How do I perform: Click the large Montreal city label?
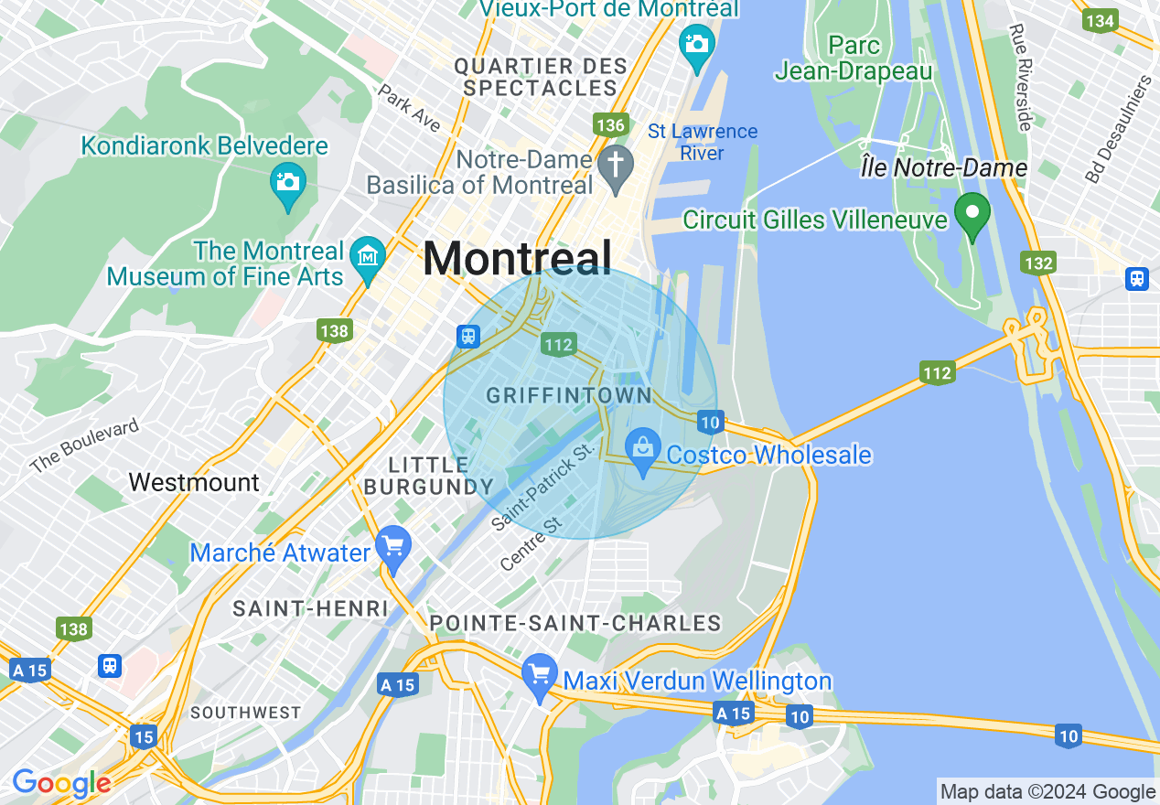pyautogui.click(x=517, y=259)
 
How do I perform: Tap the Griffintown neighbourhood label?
pyautogui.click(x=568, y=396)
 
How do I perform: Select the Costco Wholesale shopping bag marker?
pyautogui.click(x=643, y=450)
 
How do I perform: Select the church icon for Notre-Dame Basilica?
pyautogui.click(x=616, y=167)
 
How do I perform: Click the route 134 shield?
pyautogui.click(x=1099, y=20)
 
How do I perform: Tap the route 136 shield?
pyautogui.click(x=609, y=125)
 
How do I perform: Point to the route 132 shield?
pyautogui.click(x=1038, y=263)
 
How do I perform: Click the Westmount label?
pyautogui.click(x=194, y=482)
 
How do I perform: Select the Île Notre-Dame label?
pyautogui.click(x=944, y=168)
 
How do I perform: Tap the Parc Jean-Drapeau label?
pyautogui.click(x=853, y=58)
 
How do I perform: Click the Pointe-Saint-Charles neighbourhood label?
pyautogui.click(x=575, y=624)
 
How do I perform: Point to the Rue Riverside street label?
pyautogui.click(x=1021, y=77)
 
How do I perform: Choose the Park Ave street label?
pyautogui.click(x=409, y=108)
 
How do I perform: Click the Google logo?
pyautogui.click(x=61, y=783)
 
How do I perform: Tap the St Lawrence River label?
pyautogui.click(x=703, y=142)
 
